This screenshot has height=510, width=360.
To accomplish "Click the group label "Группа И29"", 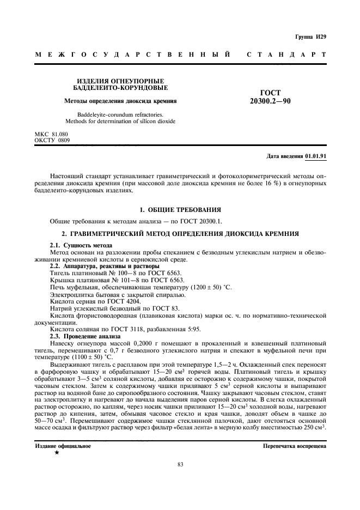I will (310, 37).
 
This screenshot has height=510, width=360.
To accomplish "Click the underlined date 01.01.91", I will (315, 156).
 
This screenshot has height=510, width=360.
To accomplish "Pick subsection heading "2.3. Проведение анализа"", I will (85, 337).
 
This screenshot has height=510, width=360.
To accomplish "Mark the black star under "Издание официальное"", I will (57, 453).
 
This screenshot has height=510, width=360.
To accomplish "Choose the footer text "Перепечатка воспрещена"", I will (294, 446).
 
